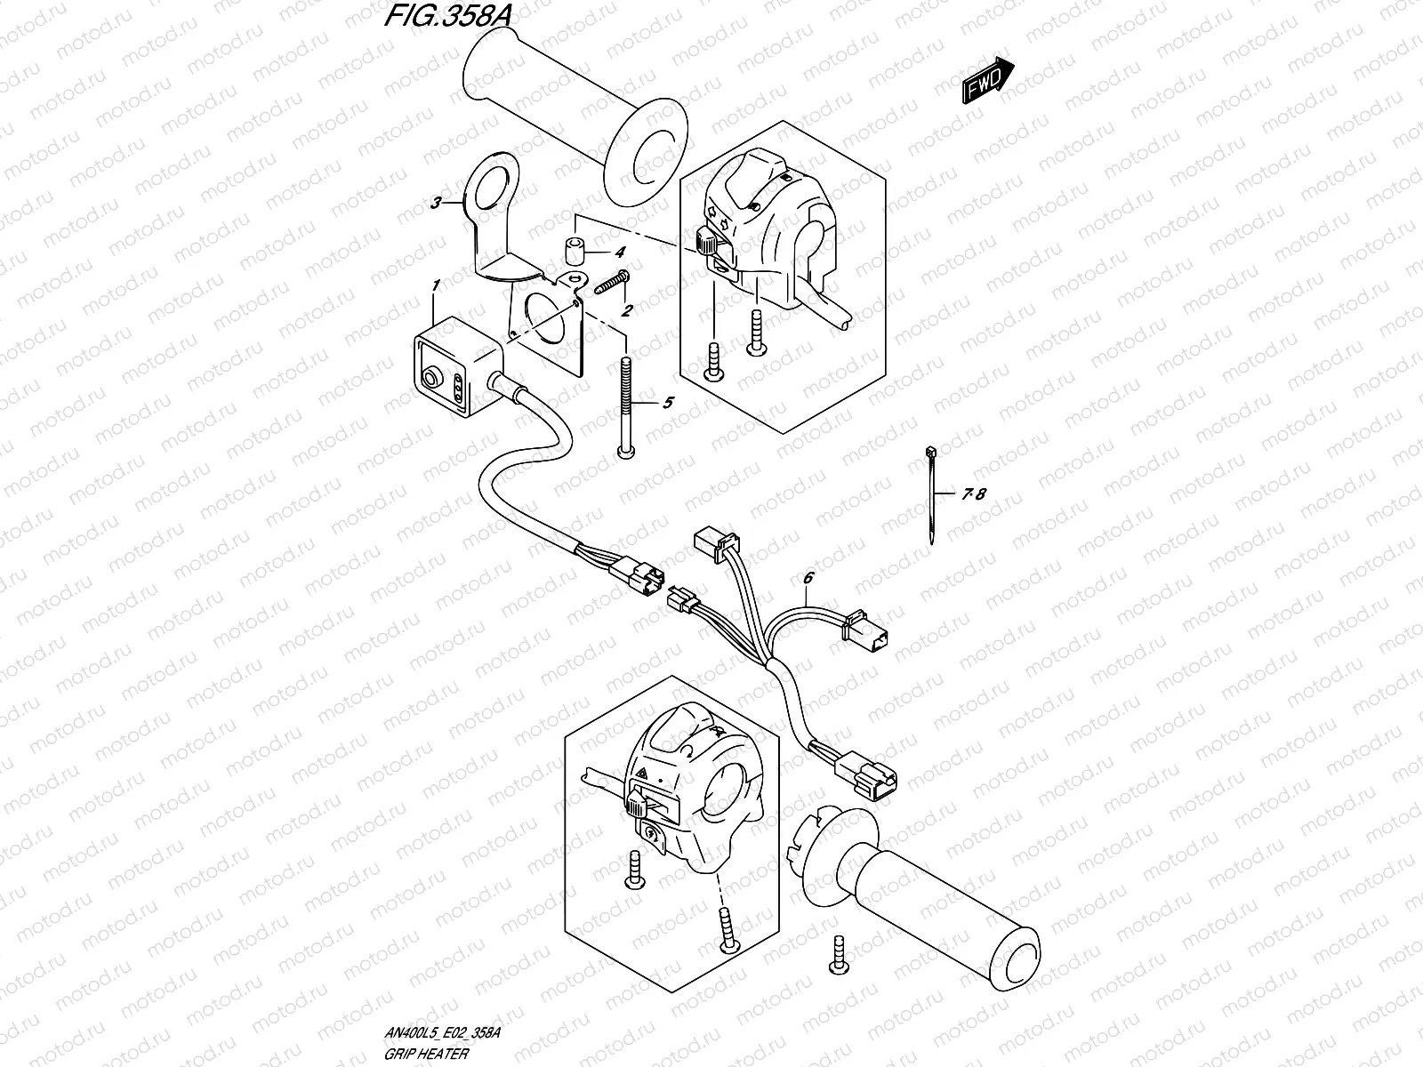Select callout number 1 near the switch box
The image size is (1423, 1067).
point(436,285)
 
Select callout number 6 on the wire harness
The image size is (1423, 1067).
point(808,579)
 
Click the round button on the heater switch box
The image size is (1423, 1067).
point(433,380)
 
